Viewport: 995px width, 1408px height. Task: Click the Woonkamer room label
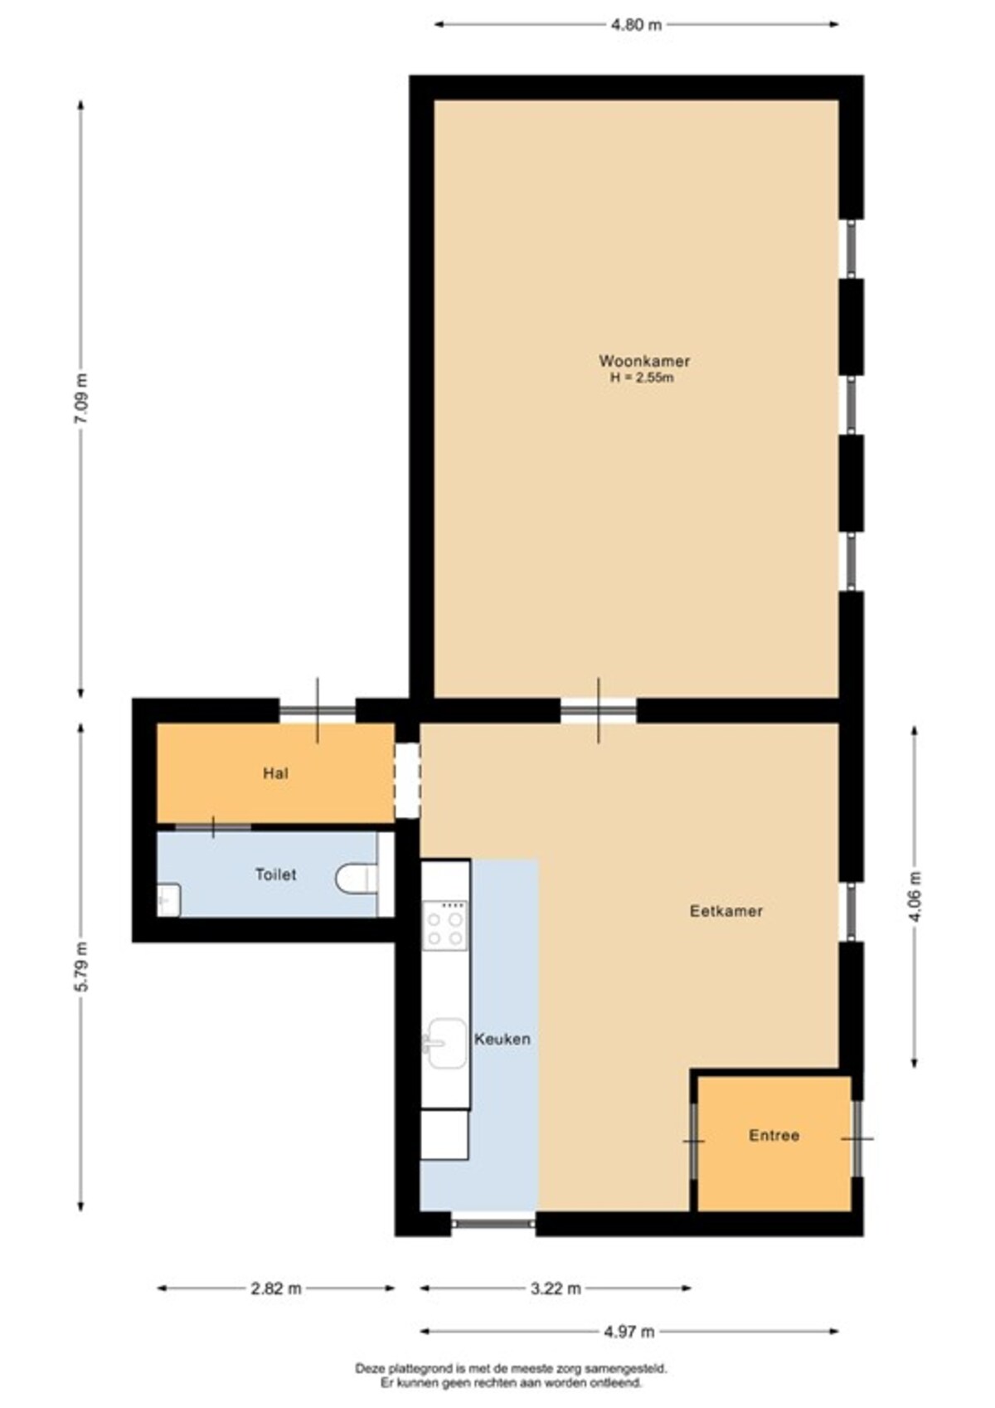[x=644, y=361]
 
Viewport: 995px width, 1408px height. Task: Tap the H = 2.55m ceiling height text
[x=642, y=378]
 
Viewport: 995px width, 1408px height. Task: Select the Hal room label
[x=276, y=773]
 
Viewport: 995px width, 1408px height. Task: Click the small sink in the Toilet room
[x=168, y=900]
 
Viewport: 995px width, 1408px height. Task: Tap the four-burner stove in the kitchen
[x=445, y=924]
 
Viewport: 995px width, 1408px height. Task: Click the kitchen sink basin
[x=446, y=1044]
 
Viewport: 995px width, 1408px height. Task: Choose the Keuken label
[x=502, y=1039]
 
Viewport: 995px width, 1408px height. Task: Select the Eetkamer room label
[x=726, y=911]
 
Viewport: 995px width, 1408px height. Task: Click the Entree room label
[x=774, y=1135]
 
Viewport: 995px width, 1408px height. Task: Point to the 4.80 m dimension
[x=636, y=25]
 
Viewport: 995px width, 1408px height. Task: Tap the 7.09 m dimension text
[x=81, y=398]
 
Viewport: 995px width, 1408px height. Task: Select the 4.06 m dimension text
[x=915, y=896]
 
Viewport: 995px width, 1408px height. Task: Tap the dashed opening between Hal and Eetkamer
[x=407, y=781]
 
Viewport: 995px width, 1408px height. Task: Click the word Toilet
[x=276, y=875]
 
